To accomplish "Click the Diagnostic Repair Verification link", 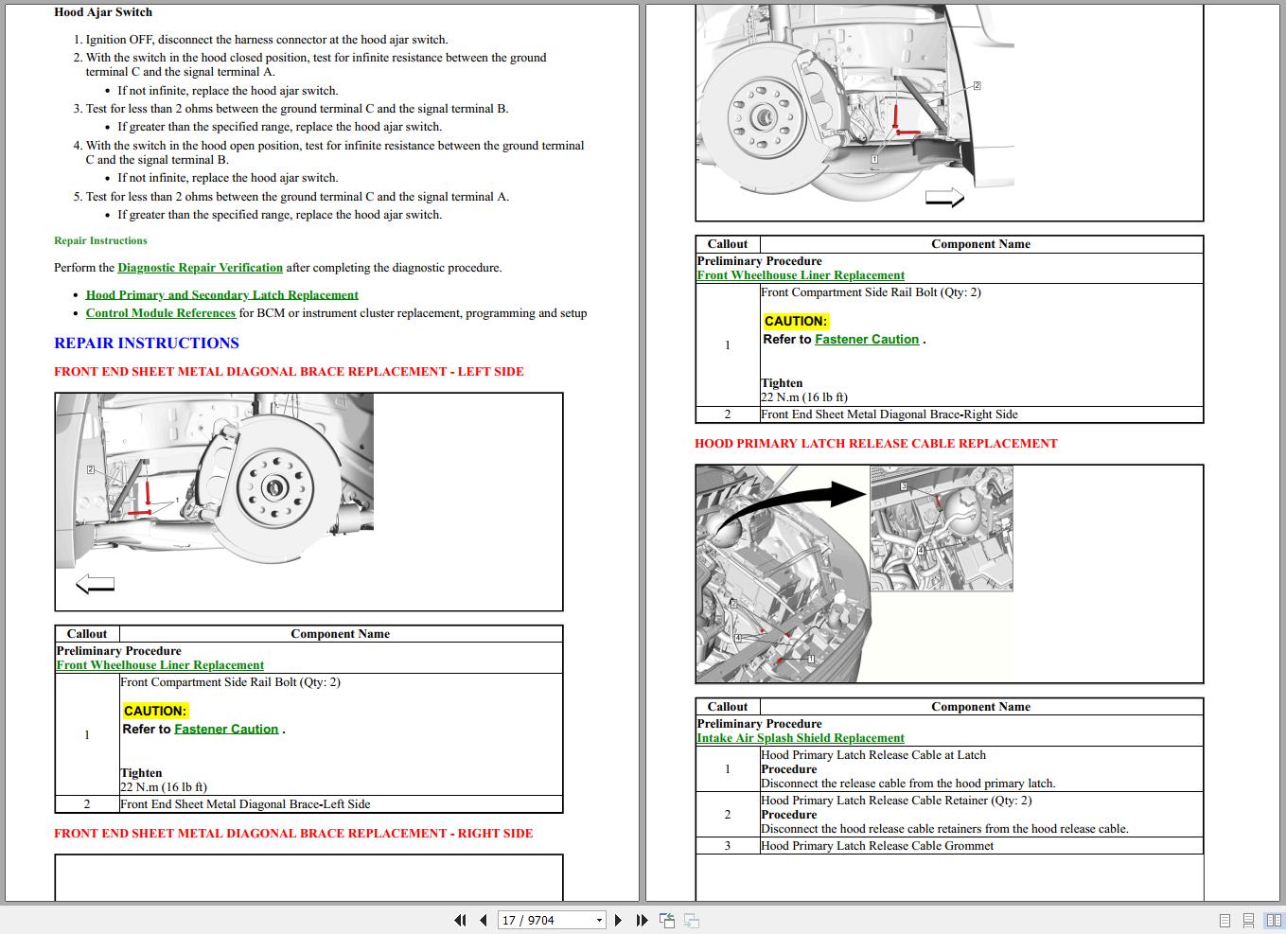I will click(x=200, y=268).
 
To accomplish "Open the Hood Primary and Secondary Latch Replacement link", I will click(x=221, y=295).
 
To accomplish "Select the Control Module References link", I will click(x=160, y=313).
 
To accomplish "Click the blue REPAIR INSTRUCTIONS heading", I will click(x=147, y=344).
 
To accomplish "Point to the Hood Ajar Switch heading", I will click(x=102, y=12).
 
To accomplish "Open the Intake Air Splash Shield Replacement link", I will click(x=800, y=738).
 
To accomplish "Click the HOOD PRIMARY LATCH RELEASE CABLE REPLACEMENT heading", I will click(x=875, y=443).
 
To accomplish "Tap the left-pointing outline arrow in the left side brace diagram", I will click(x=95, y=585).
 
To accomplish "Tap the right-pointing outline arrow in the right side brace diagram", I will click(x=943, y=197).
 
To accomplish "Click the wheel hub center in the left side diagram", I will click(x=274, y=488).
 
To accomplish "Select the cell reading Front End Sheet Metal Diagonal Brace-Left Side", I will click(x=245, y=804).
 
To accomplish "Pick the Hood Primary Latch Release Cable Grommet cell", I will click(x=877, y=846).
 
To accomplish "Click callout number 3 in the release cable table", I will click(x=727, y=846).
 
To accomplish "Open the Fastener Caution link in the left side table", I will click(x=226, y=730).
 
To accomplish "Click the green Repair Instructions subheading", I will click(x=100, y=241).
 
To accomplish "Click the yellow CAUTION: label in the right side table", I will click(x=796, y=321).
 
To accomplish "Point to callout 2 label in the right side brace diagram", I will click(x=977, y=86).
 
